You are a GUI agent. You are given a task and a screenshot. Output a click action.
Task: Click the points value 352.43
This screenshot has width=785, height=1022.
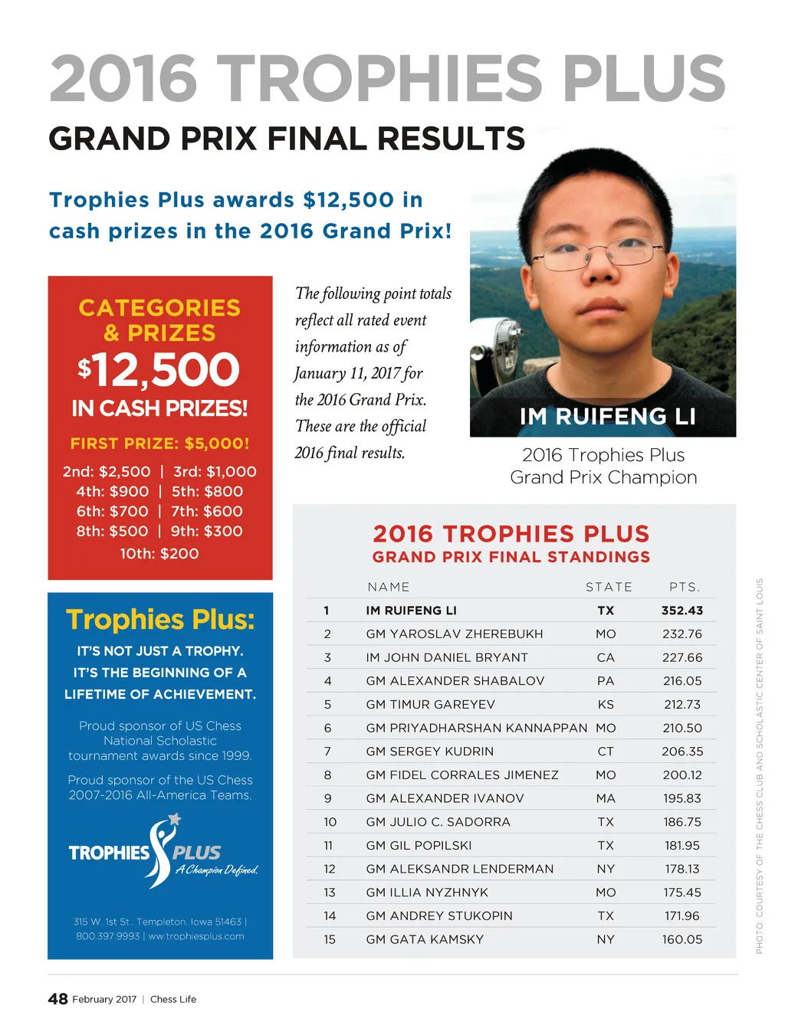(x=682, y=611)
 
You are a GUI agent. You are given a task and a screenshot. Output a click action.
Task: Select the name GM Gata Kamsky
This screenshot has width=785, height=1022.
(x=425, y=939)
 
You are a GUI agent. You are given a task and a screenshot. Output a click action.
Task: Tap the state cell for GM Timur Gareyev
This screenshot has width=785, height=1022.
(x=606, y=705)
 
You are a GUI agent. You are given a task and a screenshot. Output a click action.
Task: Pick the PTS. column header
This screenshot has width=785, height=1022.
(x=684, y=587)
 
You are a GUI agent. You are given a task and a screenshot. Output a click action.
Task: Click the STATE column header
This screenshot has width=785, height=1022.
(x=609, y=587)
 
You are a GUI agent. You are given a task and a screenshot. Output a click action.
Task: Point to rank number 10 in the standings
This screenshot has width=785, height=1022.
(x=330, y=822)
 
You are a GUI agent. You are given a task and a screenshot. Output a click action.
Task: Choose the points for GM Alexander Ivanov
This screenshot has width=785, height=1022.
(x=682, y=798)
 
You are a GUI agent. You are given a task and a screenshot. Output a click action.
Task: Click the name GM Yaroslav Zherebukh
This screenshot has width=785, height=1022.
(x=454, y=634)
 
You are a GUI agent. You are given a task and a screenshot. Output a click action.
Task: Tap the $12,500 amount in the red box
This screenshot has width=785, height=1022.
(x=159, y=370)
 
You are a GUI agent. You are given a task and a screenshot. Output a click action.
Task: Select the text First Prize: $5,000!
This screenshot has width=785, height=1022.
(x=159, y=444)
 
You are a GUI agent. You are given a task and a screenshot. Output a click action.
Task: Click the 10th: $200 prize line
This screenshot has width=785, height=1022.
(x=159, y=553)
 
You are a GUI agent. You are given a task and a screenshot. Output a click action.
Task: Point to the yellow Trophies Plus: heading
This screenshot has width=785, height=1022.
(x=159, y=619)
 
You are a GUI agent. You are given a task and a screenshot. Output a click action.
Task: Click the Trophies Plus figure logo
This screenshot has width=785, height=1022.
(x=162, y=850)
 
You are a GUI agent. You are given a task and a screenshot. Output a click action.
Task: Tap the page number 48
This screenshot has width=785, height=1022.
(x=57, y=999)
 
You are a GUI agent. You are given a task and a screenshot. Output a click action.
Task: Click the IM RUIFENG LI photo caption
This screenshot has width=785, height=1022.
(x=607, y=417)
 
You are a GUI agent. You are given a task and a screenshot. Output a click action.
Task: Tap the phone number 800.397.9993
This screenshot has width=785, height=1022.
(x=107, y=936)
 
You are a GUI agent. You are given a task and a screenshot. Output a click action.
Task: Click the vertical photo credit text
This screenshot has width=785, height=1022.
(x=760, y=766)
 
